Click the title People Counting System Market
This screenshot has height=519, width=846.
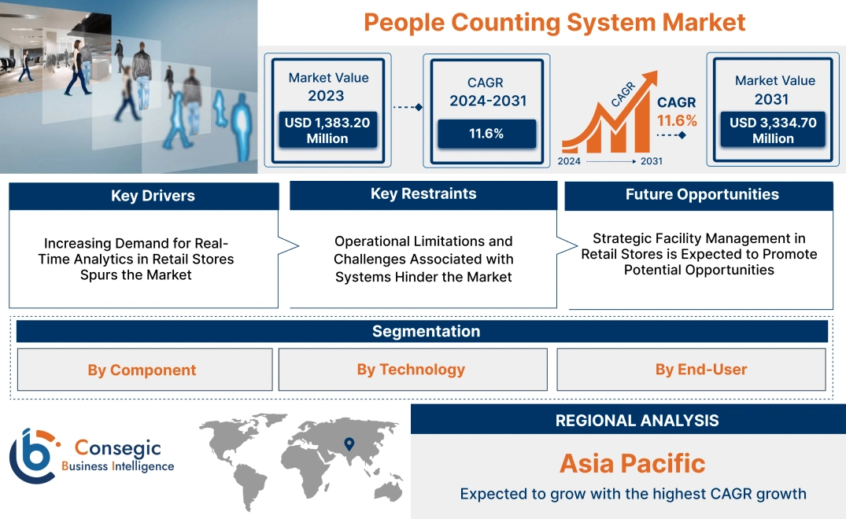(x=554, y=22)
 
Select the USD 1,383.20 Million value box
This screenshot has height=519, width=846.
(x=327, y=130)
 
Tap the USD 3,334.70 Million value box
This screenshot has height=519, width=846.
(x=773, y=130)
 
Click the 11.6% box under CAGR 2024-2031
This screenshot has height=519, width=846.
(x=486, y=134)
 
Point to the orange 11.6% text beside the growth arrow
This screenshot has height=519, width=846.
(x=678, y=121)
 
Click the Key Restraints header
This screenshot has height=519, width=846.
(x=423, y=194)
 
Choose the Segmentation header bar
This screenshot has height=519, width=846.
(x=426, y=331)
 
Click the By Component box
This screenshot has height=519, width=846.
(x=142, y=370)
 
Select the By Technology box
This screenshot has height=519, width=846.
(x=411, y=370)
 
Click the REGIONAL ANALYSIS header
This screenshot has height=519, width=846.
(x=637, y=421)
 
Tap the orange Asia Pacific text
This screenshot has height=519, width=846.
(x=632, y=463)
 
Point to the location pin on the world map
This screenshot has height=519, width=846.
(x=349, y=444)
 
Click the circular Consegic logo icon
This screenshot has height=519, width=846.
(x=32, y=455)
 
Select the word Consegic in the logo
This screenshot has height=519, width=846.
(x=119, y=448)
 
